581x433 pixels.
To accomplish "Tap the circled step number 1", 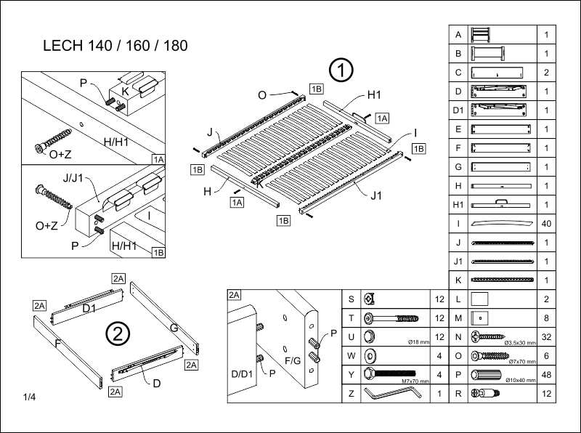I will tap(341, 70).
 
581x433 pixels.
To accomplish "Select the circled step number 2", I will tap(118, 334).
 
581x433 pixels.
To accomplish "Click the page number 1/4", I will tap(30, 397).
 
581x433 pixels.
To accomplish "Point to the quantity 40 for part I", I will tap(546, 224).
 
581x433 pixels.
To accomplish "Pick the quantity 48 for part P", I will tap(546, 374).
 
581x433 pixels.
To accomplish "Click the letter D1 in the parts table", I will tap(458, 110).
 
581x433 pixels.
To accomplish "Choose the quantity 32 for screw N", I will tap(546, 336).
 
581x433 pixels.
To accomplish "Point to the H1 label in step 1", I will tap(374, 94).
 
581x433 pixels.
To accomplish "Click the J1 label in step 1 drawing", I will tap(375, 194).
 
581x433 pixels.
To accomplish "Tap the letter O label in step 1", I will tap(262, 95).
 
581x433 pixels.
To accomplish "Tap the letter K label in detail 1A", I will tap(125, 92).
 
